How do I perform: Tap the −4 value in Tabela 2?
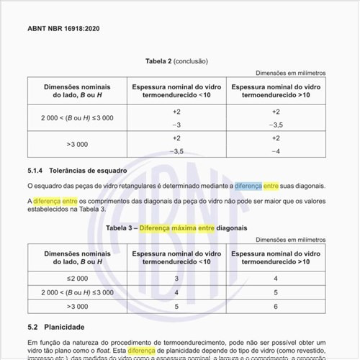(x=275, y=151)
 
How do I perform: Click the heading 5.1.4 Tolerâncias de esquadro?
(x=77, y=171)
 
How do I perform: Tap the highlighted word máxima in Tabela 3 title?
(x=180, y=228)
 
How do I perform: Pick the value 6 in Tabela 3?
(x=275, y=306)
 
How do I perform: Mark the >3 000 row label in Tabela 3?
(x=77, y=306)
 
